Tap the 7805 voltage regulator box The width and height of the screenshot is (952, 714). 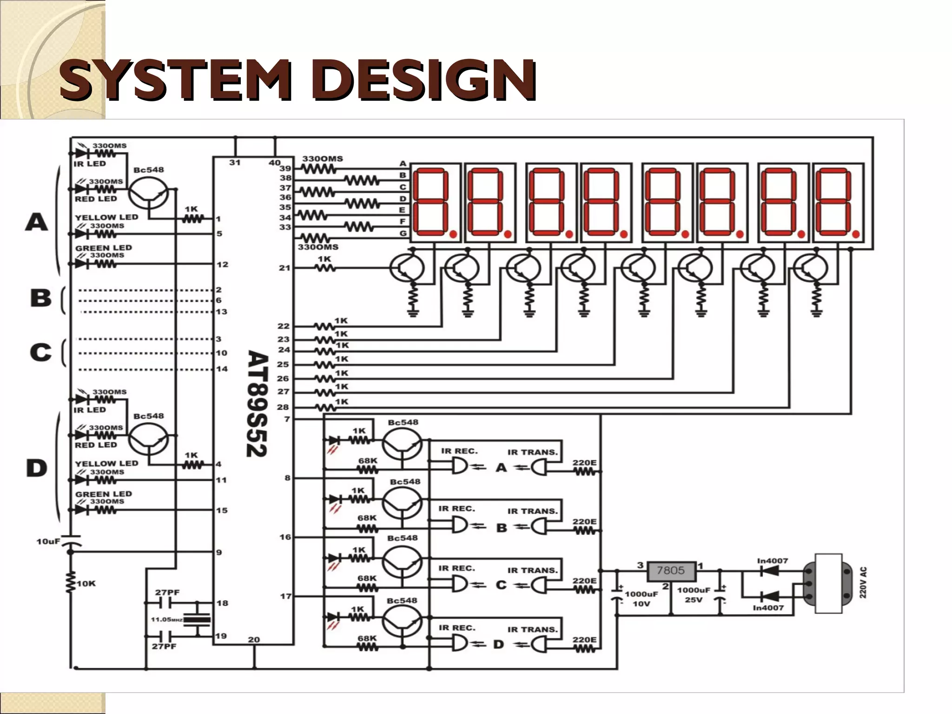tap(670, 570)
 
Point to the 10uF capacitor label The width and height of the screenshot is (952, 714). tap(48, 542)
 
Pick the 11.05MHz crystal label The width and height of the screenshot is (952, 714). tap(166, 620)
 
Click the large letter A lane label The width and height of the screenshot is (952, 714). tap(36, 222)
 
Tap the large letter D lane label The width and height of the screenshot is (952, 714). tap(36, 468)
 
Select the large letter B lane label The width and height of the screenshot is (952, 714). tap(40, 298)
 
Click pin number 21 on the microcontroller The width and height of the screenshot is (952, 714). tap(284, 268)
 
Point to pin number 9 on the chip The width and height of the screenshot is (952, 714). tap(219, 553)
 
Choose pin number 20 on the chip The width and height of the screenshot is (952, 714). tap(254, 640)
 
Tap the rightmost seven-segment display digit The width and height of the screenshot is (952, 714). tap(838, 202)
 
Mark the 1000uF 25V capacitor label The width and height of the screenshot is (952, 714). tap(694, 595)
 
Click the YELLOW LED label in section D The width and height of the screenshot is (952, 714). tap(106, 463)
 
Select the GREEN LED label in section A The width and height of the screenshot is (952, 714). tap(104, 248)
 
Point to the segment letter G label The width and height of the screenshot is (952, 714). tap(403, 233)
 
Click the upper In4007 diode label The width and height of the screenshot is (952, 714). tap(773, 561)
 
